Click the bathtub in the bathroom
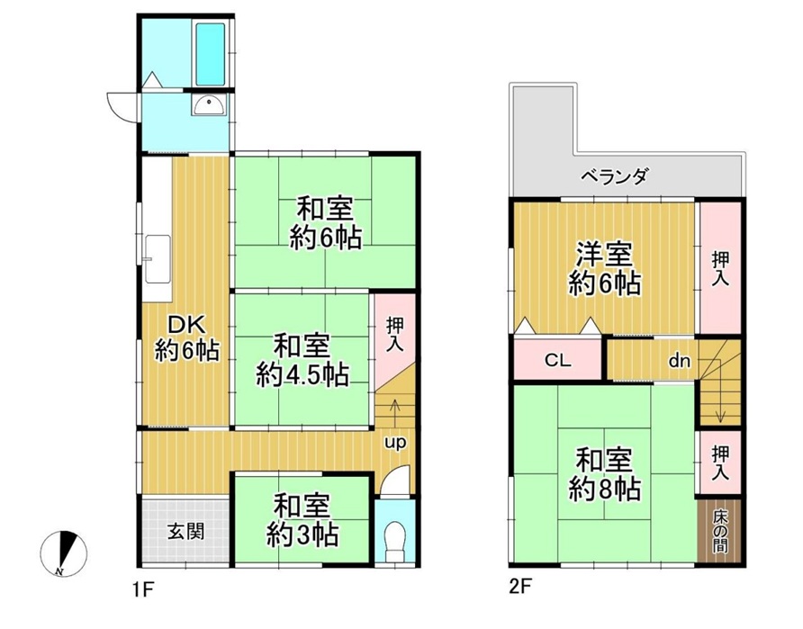(x=210, y=54)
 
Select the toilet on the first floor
(x=394, y=541)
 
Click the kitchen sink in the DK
(x=158, y=259)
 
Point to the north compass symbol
(x=64, y=553)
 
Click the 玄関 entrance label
(x=185, y=532)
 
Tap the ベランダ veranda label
(x=614, y=176)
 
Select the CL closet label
(x=558, y=360)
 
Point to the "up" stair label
(x=395, y=442)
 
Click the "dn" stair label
(x=680, y=361)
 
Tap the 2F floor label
(x=519, y=587)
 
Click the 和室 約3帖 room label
(x=302, y=520)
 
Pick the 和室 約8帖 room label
(x=604, y=474)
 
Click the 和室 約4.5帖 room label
(x=302, y=360)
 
